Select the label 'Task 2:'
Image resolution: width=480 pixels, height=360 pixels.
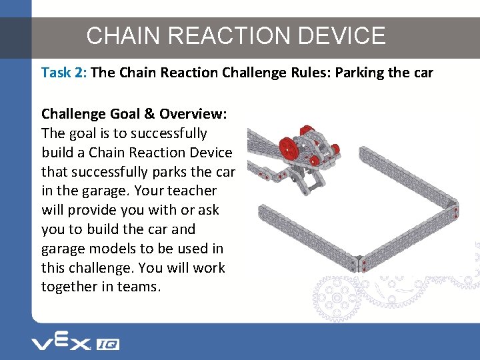pos(63,73)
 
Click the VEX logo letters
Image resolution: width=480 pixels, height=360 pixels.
pos(60,343)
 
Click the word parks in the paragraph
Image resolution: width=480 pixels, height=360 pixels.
pos(174,172)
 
